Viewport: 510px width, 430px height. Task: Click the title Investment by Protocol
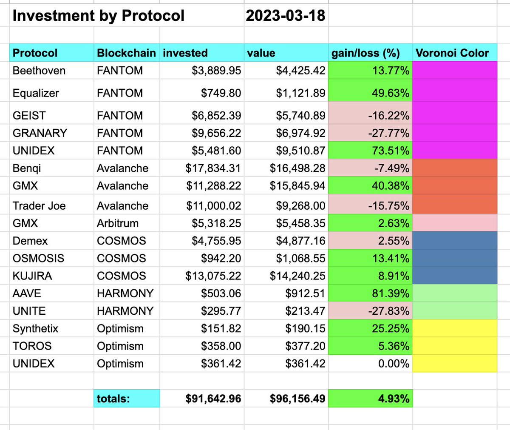click(98, 16)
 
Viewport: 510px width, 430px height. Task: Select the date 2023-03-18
click(285, 16)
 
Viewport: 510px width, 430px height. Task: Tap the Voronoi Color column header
click(452, 53)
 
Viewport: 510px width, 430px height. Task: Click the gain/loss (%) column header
click(365, 53)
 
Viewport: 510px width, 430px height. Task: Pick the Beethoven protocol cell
click(39, 71)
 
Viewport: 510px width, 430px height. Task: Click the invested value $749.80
click(221, 93)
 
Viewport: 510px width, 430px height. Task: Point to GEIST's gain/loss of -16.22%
click(388, 116)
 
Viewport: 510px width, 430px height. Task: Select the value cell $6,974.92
click(300, 133)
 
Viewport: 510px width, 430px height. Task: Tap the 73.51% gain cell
click(391, 151)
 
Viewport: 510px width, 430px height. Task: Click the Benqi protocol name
click(27, 168)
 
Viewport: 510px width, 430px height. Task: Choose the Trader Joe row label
click(39, 206)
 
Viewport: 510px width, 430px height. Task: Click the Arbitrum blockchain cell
click(121, 223)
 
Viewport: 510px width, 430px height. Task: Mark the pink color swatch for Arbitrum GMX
click(454, 223)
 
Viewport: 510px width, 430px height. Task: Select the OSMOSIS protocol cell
click(38, 259)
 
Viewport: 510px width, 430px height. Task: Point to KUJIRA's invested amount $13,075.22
click(213, 276)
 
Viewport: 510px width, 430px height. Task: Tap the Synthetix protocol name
click(35, 329)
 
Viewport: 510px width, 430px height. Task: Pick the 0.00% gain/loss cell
click(394, 364)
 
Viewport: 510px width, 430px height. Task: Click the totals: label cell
click(113, 399)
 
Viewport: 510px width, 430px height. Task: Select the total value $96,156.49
click(297, 399)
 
